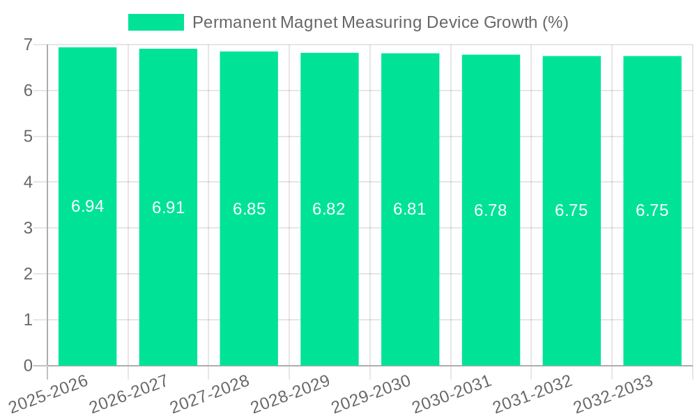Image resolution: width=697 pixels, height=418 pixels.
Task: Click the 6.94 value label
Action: click(x=88, y=206)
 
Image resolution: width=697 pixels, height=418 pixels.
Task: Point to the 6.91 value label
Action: click(x=169, y=208)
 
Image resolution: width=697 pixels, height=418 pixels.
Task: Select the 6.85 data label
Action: click(x=250, y=209)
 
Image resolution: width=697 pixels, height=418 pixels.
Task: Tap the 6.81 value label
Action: click(x=410, y=209)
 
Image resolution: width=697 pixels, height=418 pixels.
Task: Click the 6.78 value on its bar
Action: click(x=491, y=210)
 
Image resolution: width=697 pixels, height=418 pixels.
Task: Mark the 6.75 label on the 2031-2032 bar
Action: click(x=572, y=210)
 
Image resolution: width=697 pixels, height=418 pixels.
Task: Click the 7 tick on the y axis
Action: click(x=29, y=45)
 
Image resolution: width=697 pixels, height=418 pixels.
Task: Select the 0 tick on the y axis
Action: click(x=29, y=366)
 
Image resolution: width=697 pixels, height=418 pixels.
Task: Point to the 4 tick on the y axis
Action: click(x=29, y=182)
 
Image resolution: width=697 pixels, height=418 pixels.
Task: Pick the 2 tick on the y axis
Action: click(x=29, y=274)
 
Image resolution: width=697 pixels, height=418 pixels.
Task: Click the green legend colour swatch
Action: click(x=156, y=22)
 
